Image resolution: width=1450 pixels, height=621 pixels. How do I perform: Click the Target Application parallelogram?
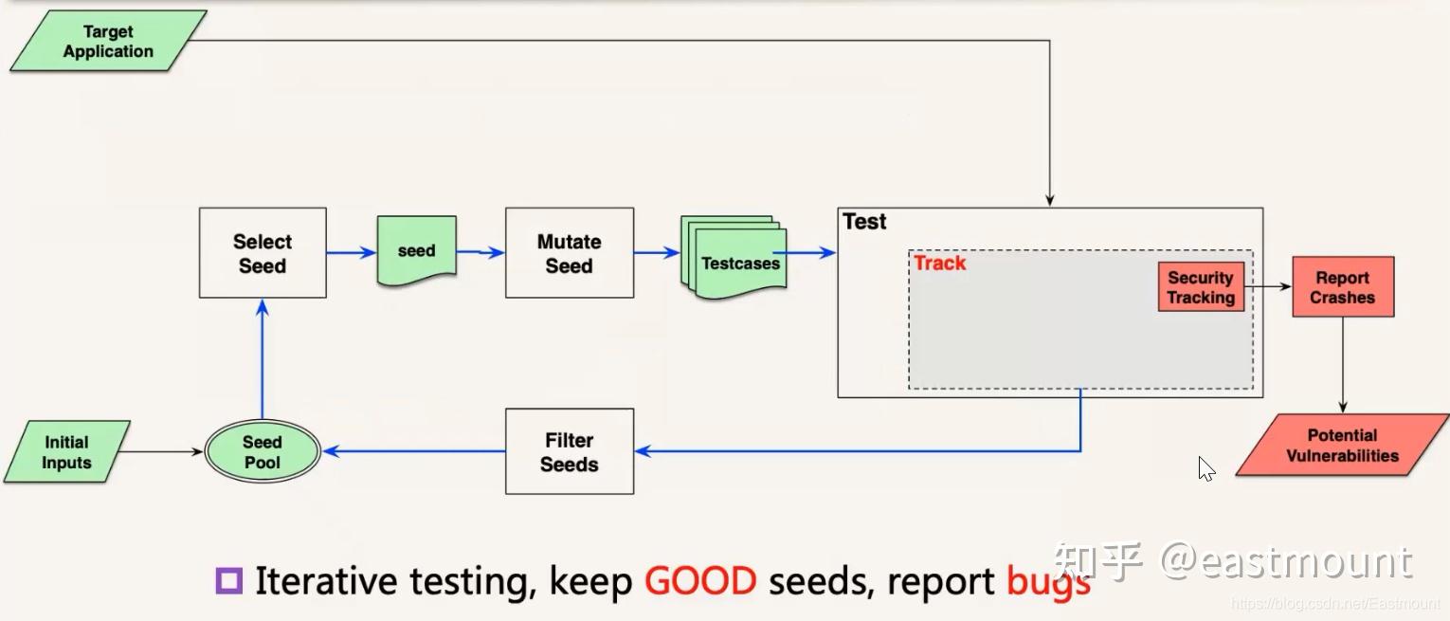click(108, 42)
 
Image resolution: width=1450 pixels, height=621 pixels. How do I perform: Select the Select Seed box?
click(263, 253)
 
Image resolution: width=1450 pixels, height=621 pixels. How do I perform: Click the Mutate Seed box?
click(569, 253)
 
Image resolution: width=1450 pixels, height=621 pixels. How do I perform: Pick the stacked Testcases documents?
click(735, 258)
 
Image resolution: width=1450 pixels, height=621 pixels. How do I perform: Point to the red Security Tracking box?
click(1201, 287)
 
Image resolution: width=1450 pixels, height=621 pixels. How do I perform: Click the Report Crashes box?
click(1342, 287)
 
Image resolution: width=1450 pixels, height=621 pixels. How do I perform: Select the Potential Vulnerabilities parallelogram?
click(1341, 445)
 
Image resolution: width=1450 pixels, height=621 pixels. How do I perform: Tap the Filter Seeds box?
click(569, 452)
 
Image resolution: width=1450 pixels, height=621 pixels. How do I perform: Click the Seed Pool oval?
click(263, 452)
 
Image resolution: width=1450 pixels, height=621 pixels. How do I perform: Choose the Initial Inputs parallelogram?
click(66, 452)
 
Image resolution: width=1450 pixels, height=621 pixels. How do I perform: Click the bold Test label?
click(864, 222)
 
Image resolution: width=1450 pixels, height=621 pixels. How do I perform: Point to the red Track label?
click(939, 264)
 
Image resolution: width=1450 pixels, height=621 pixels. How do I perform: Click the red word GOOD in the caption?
click(700, 580)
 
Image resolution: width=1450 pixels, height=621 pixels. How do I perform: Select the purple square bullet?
click(229, 580)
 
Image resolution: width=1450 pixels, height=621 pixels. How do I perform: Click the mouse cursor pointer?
click(1205, 468)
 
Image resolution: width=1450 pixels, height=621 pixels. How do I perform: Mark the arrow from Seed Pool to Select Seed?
click(263, 360)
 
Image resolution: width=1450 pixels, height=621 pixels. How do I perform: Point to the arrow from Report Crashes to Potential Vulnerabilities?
click(1342, 365)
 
